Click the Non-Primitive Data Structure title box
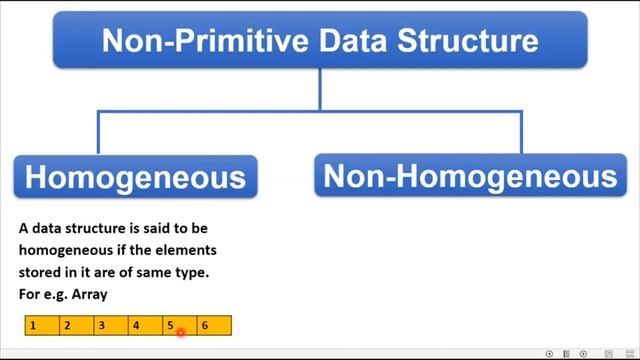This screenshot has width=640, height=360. [320, 40]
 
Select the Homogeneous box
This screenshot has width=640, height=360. [135, 177]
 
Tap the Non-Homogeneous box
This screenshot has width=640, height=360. [469, 176]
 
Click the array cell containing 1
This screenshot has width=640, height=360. [42, 325]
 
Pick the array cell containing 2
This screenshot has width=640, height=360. [77, 325]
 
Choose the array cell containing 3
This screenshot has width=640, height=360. [111, 325]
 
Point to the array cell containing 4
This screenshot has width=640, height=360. [146, 325]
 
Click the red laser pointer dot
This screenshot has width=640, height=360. [181, 331]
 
